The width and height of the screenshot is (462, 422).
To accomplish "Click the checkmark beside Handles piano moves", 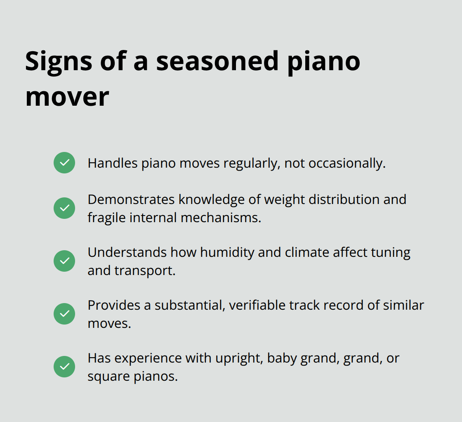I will (x=64, y=163).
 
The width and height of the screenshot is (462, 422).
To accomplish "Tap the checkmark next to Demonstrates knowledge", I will (x=64, y=208).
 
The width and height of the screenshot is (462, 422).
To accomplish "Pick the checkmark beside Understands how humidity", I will (x=64, y=261).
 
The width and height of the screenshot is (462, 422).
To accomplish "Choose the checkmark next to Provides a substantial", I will (x=64, y=314).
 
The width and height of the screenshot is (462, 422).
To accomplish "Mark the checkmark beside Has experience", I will (x=64, y=367).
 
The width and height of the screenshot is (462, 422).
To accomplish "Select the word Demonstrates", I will (x=131, y=199).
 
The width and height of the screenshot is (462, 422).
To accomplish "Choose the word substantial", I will (x=189, y=305).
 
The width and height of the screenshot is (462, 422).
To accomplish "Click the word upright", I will (x=239, y=358).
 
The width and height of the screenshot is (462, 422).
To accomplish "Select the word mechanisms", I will (x=221, y=218).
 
